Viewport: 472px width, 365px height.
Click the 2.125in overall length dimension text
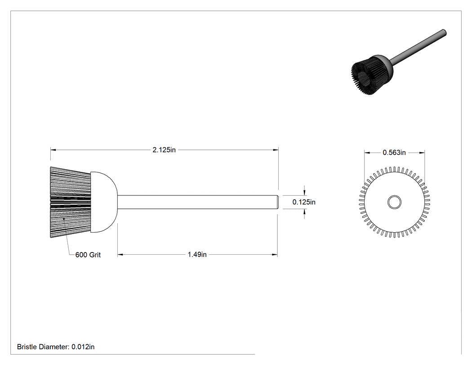(x=164, y=150)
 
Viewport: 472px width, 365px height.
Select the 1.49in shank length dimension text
(x=197, y=254)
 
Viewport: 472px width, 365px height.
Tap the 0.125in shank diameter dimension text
(x=304, y=202)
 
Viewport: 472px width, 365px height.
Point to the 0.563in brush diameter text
(x=394, y=153)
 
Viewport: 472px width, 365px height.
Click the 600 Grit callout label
(x=88, y=255)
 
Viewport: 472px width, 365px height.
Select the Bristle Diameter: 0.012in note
(x=56, y=347)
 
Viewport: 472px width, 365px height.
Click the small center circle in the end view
(x=394, y=202)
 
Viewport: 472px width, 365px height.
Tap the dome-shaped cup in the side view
(x=104, y=202)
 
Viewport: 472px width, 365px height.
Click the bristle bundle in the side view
(x=71, y=202)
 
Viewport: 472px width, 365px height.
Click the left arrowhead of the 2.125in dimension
(x=53, y=150)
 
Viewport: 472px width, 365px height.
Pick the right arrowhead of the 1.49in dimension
(x=275, y=255)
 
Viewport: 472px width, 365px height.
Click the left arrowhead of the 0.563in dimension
(x=367, y=153)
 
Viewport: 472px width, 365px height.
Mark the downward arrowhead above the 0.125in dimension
(x=305, y=192)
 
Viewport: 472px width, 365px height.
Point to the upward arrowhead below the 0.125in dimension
(x=305, y=212)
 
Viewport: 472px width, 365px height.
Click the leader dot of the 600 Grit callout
(x=64, y=219)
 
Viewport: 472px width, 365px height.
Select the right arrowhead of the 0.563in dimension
(x=422, y=153)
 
